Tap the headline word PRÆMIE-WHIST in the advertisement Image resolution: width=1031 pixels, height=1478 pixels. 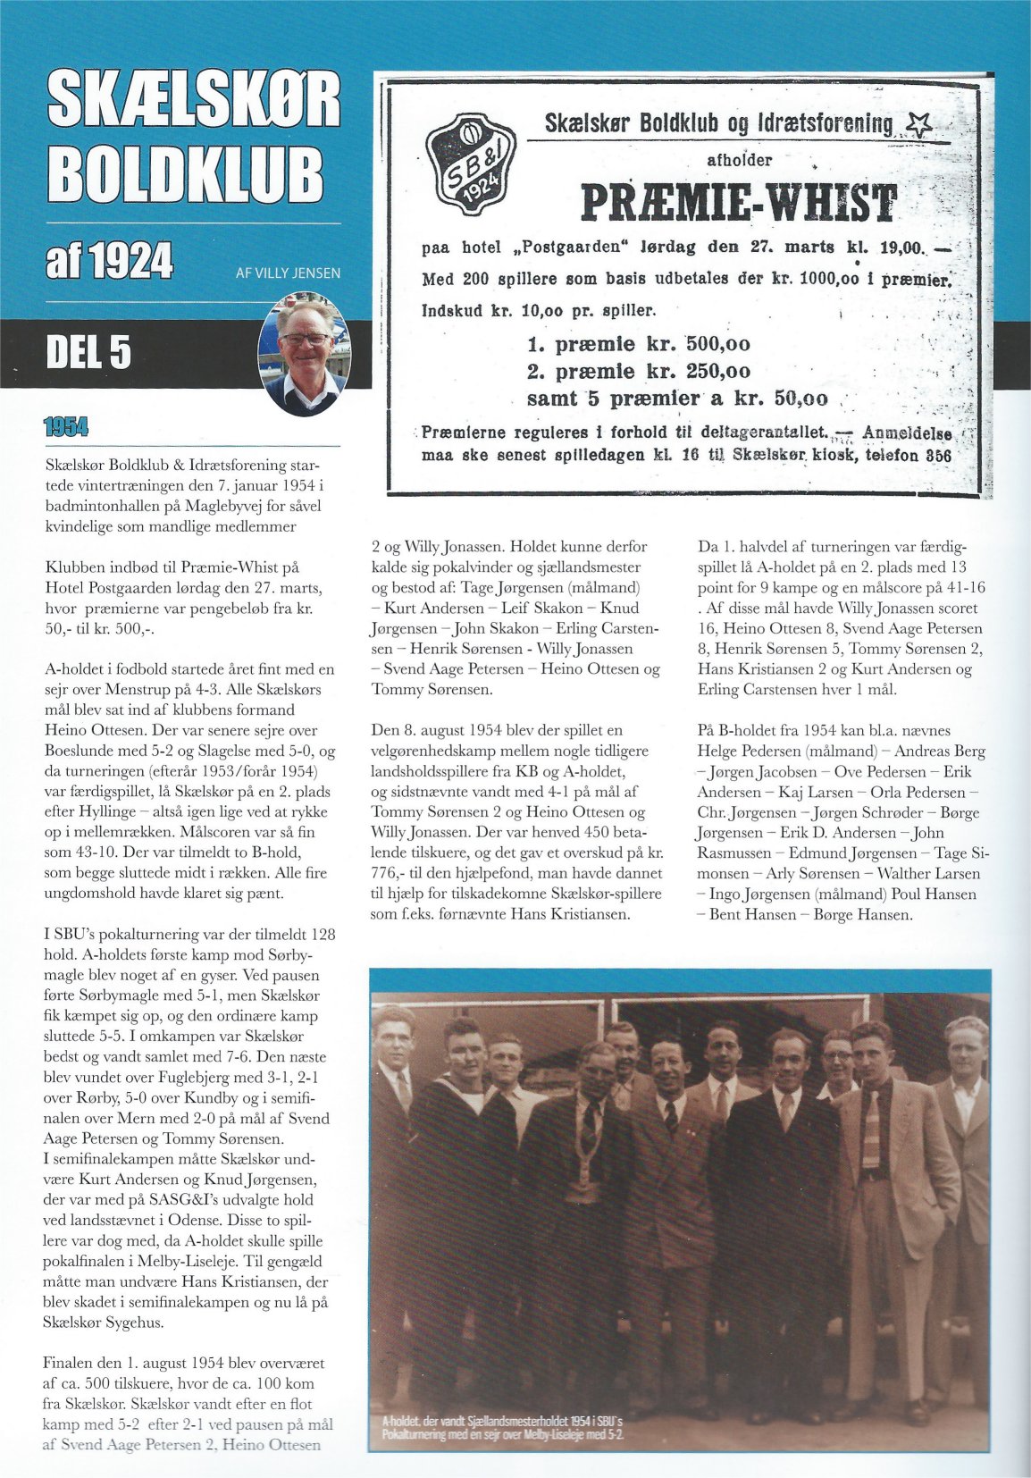pos(739,204)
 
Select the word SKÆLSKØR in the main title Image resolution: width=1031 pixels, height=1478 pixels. pos(193,99)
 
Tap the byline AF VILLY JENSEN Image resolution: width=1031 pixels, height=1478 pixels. pos(288,273)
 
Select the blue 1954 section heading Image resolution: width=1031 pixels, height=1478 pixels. pos(66,427)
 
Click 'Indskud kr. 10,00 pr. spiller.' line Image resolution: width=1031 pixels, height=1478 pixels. pos(539,311)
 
